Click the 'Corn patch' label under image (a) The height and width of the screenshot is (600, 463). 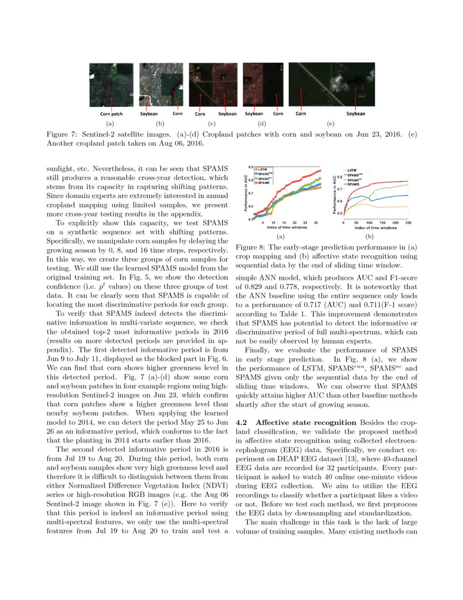111,114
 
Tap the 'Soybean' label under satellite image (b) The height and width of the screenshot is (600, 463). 148,114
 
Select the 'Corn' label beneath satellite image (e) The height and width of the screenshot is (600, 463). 300,114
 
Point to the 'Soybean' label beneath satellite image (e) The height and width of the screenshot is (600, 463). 356,114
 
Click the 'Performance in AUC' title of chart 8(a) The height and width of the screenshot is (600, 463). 245,193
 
